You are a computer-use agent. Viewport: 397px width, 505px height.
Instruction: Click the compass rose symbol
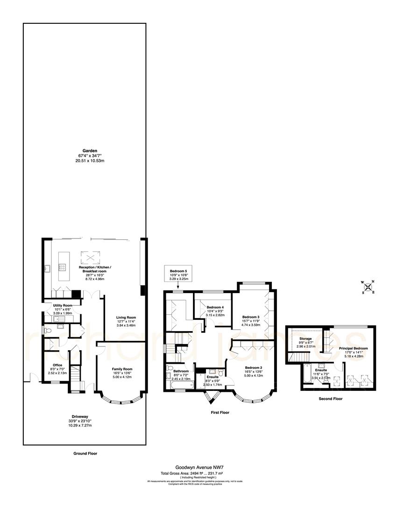point(368,287)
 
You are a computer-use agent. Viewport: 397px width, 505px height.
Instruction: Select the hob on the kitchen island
point(62,267)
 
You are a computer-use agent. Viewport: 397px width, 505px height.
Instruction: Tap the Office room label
point(57,365)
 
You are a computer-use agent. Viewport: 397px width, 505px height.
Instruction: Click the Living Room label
point(126,317)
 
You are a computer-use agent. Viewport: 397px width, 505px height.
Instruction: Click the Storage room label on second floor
point(306,339)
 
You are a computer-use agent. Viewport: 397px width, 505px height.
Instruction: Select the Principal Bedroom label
point(353,348)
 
